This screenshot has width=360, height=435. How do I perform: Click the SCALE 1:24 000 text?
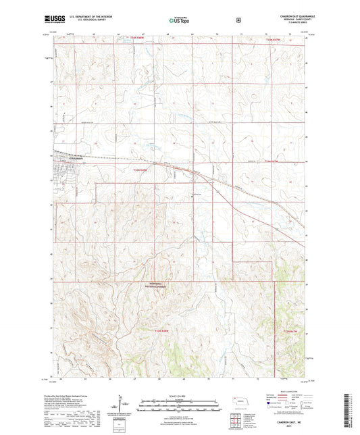point(179,395)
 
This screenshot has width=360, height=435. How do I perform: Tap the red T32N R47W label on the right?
point(289,331)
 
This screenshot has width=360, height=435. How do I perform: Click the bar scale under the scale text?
point(179,407)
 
